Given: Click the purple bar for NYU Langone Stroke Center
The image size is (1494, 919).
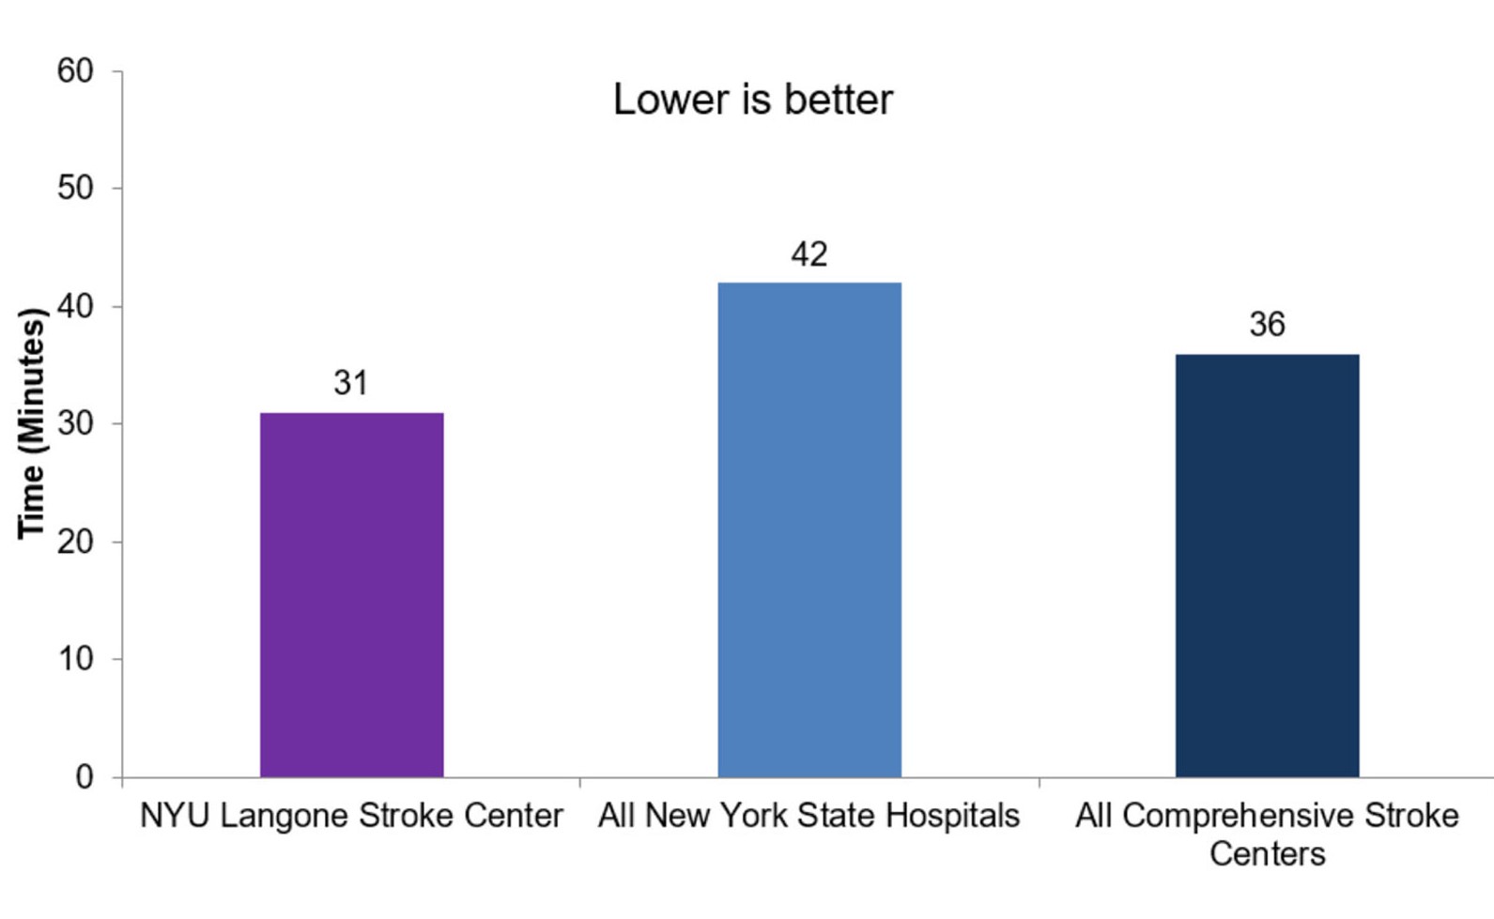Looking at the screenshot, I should tap(351, 594).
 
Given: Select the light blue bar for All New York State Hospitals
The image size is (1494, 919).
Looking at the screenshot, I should tap(809, 529).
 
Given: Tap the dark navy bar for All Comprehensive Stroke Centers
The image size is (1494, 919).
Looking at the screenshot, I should tap(1267, 565).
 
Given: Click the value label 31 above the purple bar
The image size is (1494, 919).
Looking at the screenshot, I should tap(351, 383).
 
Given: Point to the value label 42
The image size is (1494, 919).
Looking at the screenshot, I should tap(809, 254).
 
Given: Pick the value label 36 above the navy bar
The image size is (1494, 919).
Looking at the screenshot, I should tap(1267, 325).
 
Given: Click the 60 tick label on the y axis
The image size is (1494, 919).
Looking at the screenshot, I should tap(75, 71).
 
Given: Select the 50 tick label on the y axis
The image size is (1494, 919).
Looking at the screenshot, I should tap(75, 188).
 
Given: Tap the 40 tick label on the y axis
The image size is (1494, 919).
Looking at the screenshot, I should tap(75, 306).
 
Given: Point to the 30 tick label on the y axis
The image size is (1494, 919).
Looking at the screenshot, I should tap(75, 423).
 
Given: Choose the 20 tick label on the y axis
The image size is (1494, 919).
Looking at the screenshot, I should tap(75, 542).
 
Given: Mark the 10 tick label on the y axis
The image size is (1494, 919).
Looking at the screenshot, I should tap(75, 659).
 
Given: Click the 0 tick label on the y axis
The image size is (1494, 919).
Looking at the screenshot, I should tap(85, 777).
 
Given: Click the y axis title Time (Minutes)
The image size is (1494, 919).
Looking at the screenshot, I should tap(32, 423).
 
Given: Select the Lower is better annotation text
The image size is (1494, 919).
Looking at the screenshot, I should tap(752, 100).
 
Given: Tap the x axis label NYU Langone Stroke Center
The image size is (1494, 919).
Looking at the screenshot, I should tap(351, 816).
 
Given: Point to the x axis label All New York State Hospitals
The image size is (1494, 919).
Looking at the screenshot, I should tap(809, 816).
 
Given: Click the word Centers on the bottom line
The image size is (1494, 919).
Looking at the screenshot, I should tap(1267, 854).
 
